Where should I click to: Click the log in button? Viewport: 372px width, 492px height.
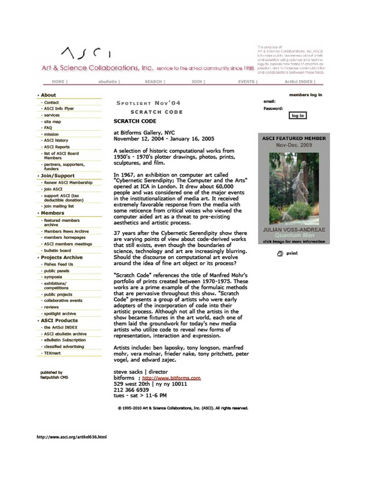[298, 116]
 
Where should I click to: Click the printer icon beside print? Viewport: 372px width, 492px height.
[280, 253]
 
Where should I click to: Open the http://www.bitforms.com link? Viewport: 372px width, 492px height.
[171, 378]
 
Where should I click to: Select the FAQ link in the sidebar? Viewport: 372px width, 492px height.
[48, 128]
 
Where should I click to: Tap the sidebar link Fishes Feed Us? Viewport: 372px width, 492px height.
[59, 264]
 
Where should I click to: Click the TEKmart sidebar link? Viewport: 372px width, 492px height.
[52, 353]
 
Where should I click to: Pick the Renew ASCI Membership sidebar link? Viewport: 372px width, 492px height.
[68, 183]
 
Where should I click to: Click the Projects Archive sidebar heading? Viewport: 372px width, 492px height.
[62, 257]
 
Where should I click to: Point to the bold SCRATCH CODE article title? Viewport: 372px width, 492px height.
[135, 121]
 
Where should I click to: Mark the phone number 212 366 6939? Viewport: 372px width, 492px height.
[131, 390]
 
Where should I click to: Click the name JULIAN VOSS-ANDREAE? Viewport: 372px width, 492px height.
[294, 230]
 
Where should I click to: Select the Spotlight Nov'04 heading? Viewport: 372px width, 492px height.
[148, 103]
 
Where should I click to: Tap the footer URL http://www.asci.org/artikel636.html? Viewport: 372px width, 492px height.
[71, 437]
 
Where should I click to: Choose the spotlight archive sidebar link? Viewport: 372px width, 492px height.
[60, 314]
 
